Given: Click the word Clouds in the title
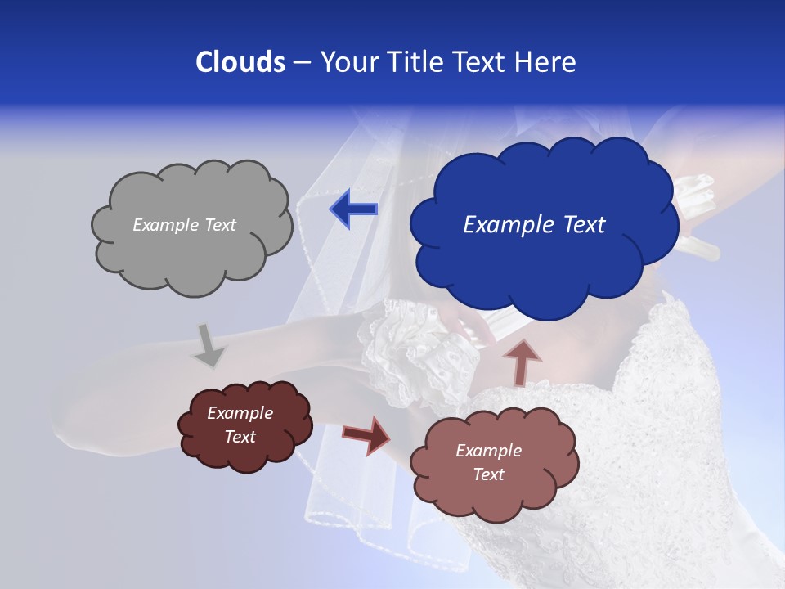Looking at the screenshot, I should pos(240,62).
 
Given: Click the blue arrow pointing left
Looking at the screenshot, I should pos(353,209).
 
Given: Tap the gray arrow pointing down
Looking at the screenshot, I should pos(209,345).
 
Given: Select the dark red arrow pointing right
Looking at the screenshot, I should pos(366,434).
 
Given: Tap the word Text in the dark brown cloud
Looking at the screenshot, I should pos(240,438).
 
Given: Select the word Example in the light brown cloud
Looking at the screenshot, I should pos(488,451).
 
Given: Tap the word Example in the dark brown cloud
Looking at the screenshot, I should pos(240,413).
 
